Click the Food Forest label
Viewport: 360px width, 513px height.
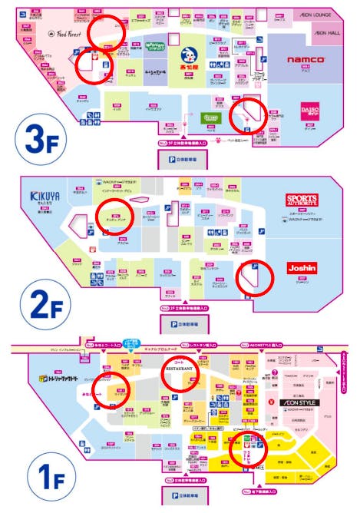click(67, 33)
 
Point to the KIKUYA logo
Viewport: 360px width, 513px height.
click(46, 195)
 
